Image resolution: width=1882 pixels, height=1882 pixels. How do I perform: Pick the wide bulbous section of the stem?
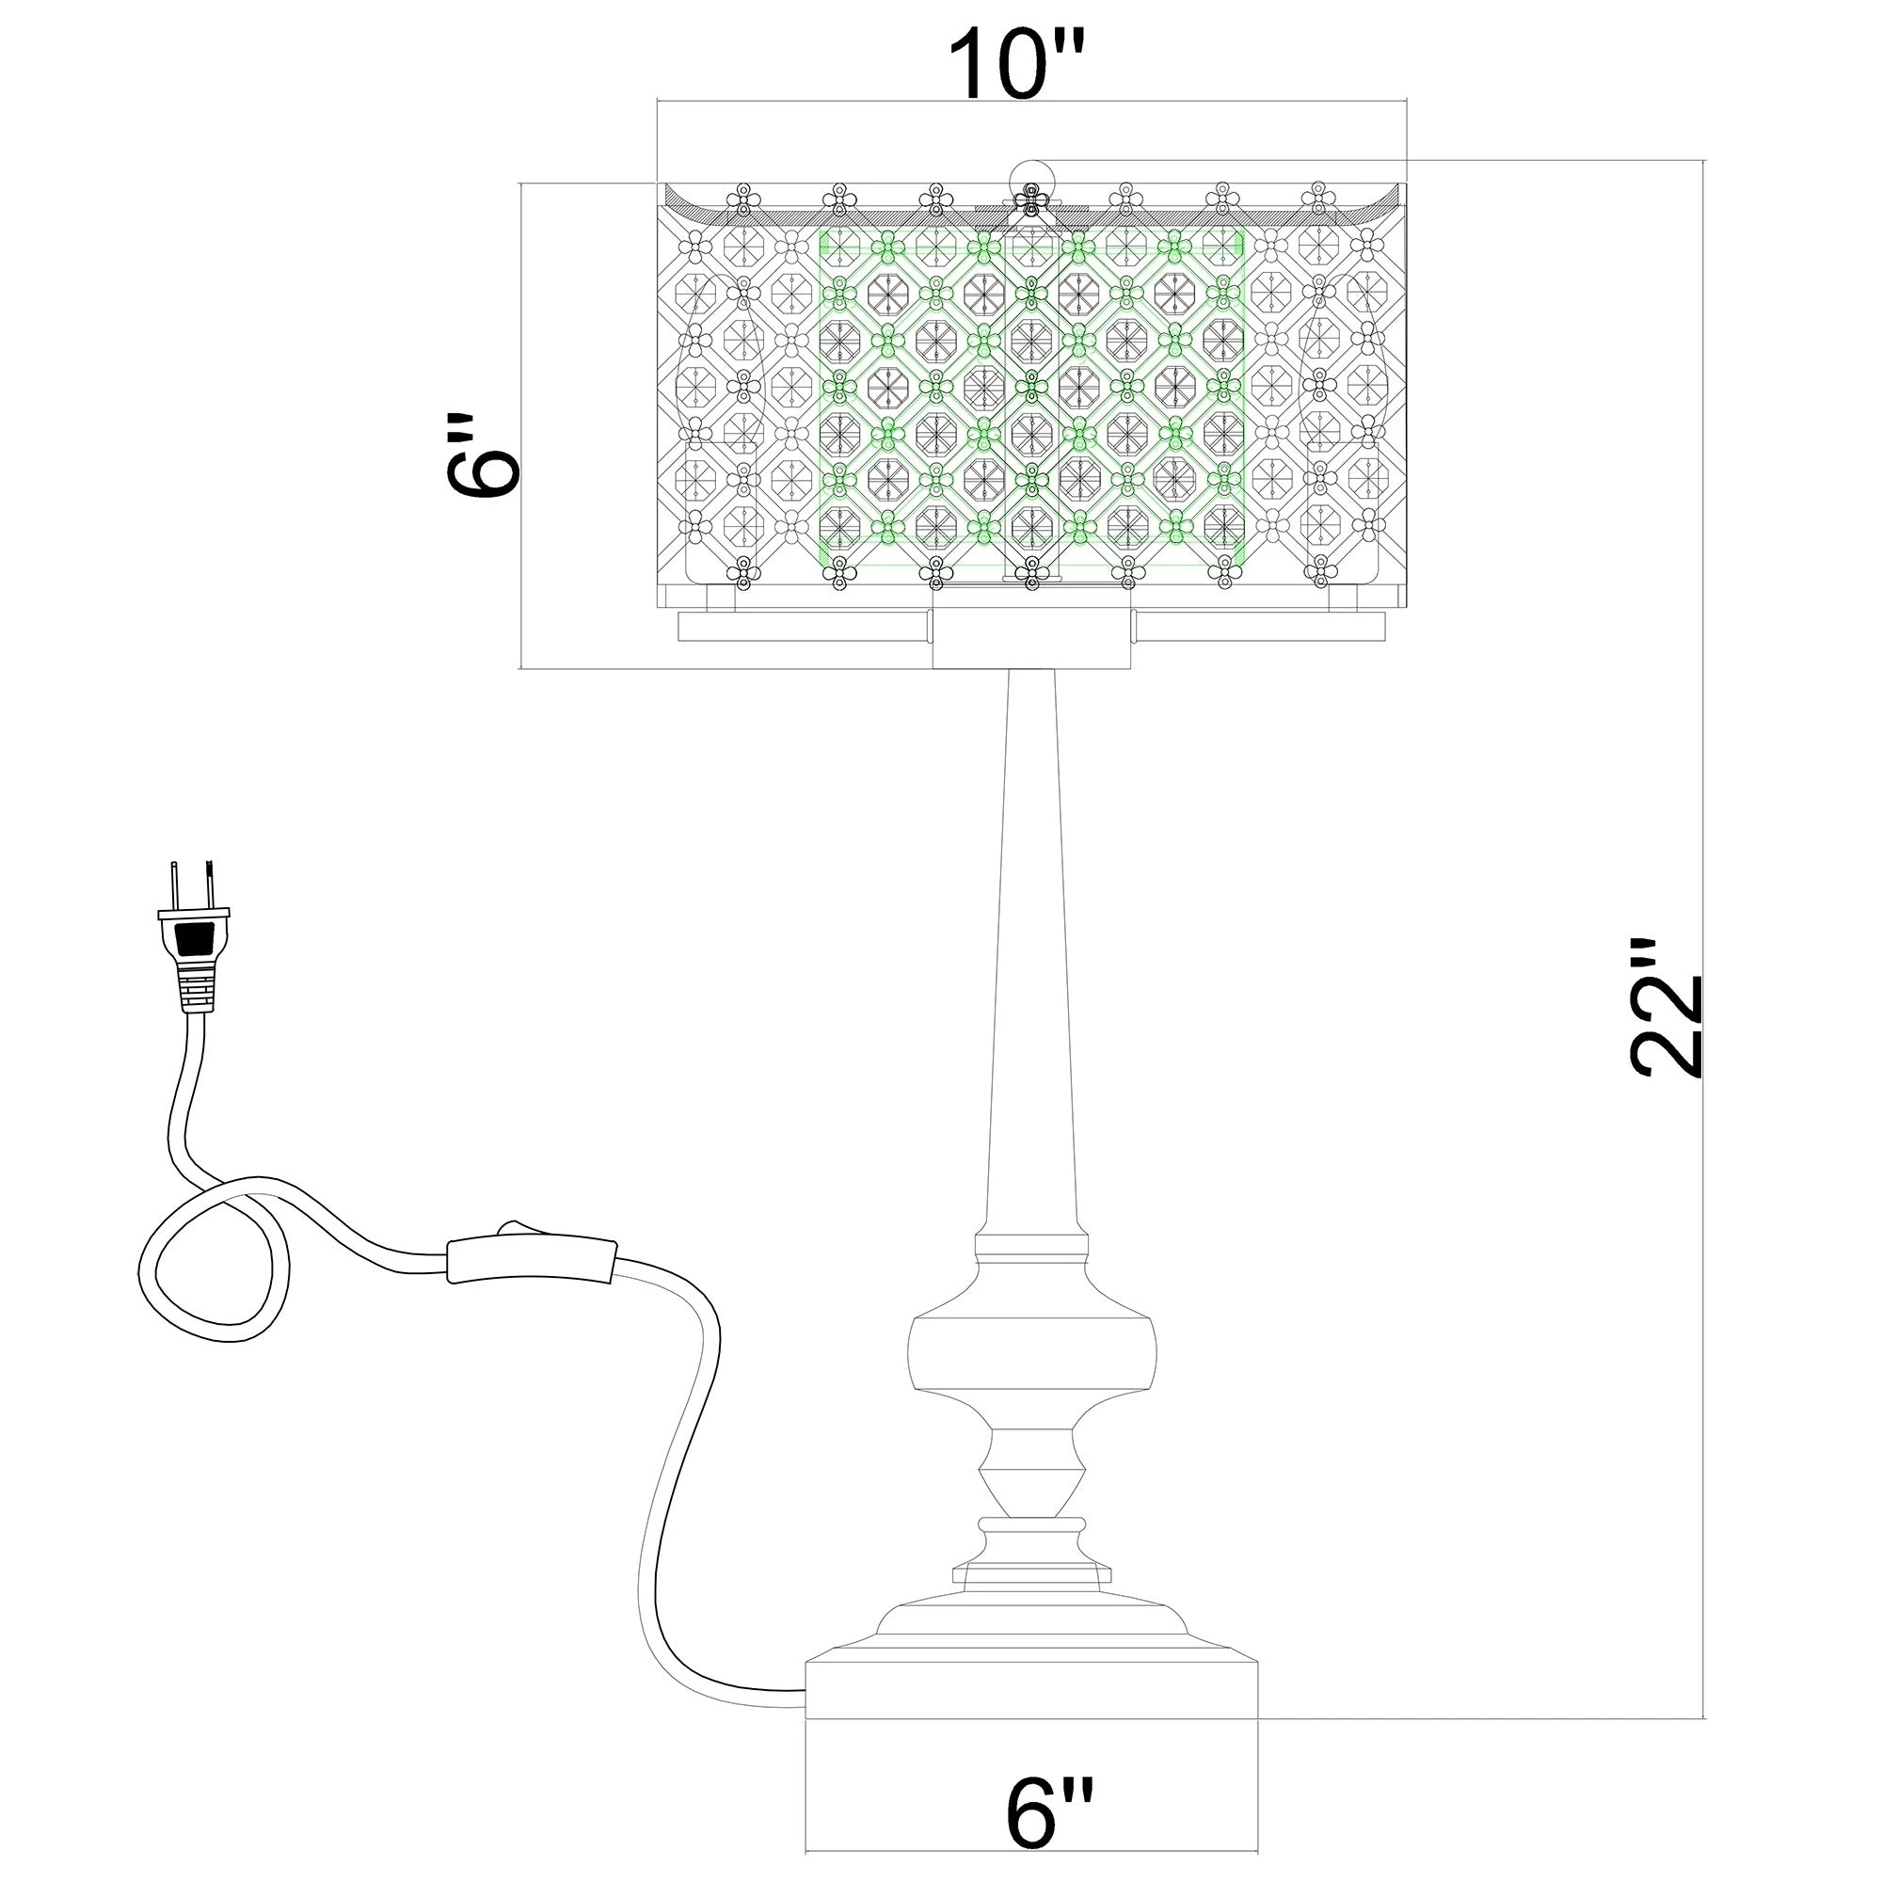pyautogui.click(x=1032, y=1354)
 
